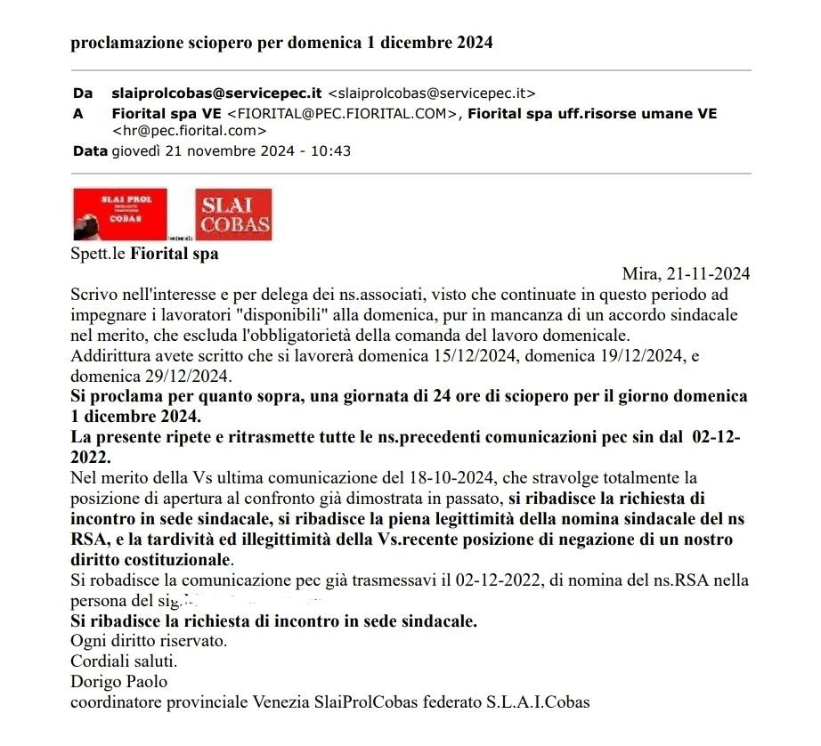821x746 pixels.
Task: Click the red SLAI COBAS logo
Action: [233, 215]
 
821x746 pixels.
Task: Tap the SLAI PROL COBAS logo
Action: [119, 215]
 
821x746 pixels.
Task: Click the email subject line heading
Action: [281, 43]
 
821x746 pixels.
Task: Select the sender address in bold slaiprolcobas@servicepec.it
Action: [216, 93]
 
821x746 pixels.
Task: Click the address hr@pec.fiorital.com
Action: [189, 131]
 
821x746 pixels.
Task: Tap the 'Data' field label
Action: [89, 150]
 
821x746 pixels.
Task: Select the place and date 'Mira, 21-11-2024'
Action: [686, 273]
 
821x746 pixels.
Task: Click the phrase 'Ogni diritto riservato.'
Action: [149, 641]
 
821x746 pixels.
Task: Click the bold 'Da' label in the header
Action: [82, 93]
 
